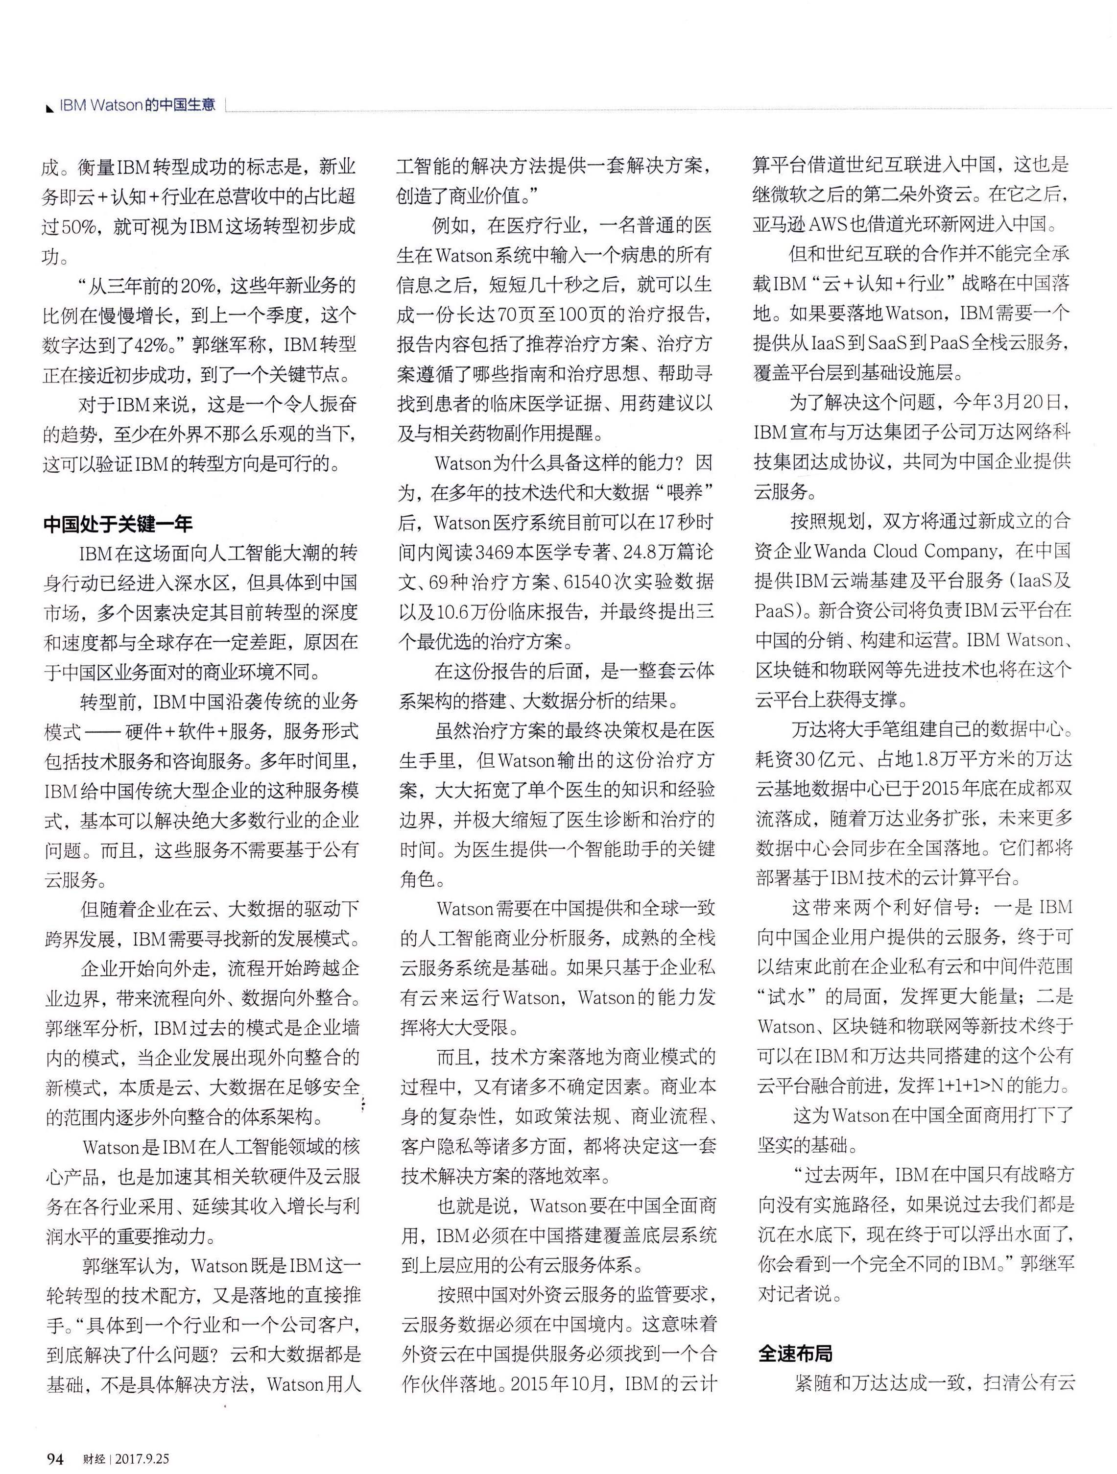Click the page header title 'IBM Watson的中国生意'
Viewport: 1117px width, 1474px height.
(137, 106)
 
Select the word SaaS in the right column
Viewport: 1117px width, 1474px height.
(890, 344)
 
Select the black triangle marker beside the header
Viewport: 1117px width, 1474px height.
(48, 108)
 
